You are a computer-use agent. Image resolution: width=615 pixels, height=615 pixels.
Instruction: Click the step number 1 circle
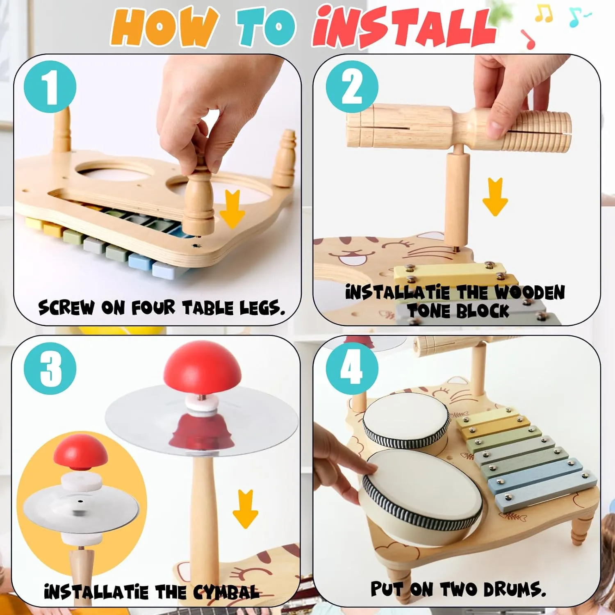pos(50,87)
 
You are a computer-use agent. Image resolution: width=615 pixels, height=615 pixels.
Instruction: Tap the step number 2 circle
pos(352,87)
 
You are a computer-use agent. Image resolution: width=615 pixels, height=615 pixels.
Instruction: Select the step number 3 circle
pos(50,368)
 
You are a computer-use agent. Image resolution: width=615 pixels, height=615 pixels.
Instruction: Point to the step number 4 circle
pos(352,368)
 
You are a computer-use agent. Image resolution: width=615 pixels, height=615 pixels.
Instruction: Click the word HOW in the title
pos(164,28)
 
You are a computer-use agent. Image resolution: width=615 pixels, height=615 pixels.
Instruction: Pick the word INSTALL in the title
pos(404,28)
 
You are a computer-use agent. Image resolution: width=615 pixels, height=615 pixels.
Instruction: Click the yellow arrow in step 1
pos(232,209)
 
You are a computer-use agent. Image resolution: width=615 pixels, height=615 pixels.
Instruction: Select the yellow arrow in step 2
pos(495,197)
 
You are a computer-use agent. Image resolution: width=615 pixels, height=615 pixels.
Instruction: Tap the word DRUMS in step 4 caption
pos(514,590)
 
